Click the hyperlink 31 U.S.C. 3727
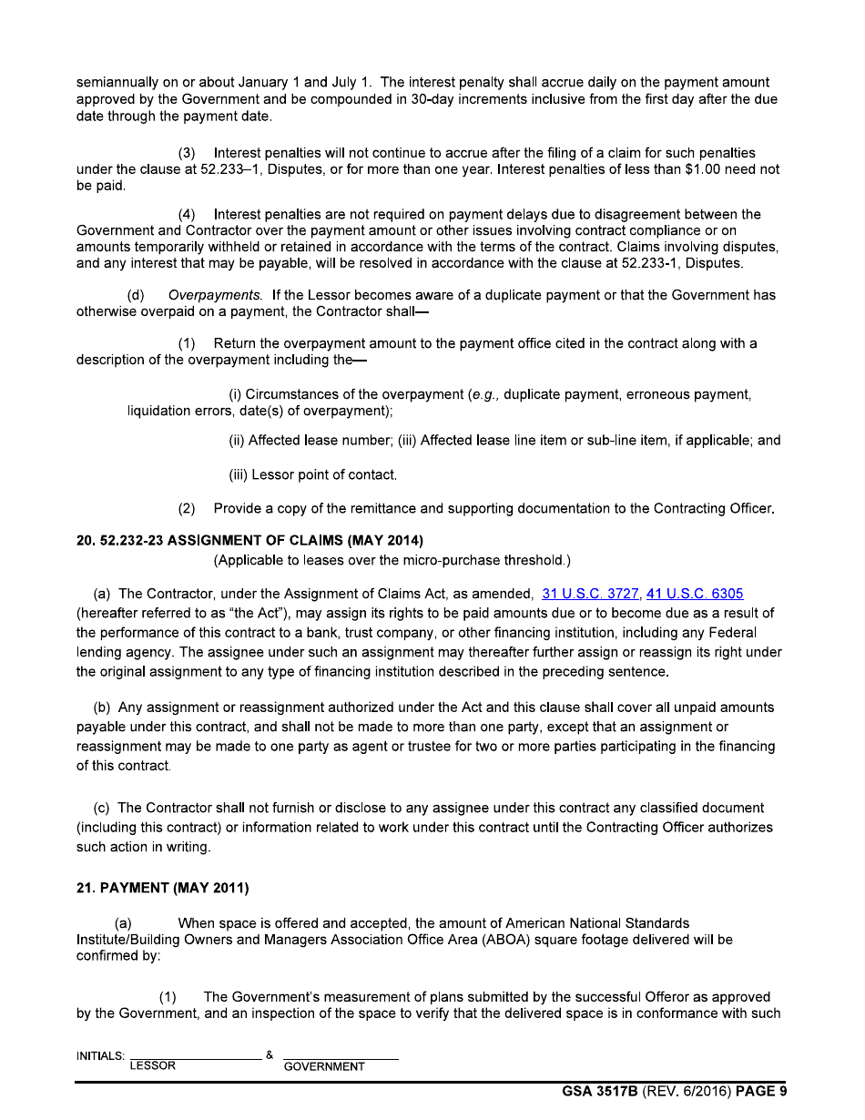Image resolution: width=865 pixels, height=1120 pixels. point(590,594)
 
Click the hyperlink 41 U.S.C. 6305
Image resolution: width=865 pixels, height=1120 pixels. point(695,594)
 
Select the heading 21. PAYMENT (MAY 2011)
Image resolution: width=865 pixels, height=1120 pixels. point(163,888)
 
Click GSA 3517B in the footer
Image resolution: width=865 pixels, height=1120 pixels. point(600,1092)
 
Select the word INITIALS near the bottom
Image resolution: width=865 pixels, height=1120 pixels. point(101,1056)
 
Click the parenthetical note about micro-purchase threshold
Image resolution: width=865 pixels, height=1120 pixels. point(392,559)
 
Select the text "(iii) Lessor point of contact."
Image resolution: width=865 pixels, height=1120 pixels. point(312,474)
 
